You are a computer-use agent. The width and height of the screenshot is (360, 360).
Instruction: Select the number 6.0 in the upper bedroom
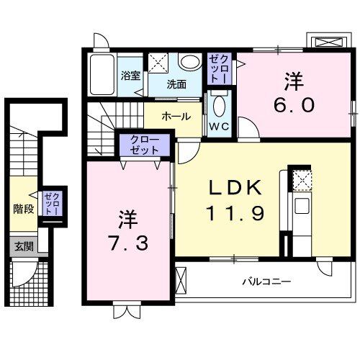pos(293,105)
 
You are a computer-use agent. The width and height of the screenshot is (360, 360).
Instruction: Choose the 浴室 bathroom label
pos(130,75)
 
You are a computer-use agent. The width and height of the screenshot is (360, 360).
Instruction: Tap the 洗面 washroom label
pos(176,84)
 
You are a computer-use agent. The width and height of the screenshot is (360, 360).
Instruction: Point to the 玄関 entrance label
pos(22,246)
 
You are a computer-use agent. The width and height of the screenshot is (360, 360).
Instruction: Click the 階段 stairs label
pos(23,210)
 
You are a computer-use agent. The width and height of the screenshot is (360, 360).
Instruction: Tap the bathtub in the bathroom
pos(103,74)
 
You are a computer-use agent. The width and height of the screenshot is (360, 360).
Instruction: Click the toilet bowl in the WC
pos(219,106)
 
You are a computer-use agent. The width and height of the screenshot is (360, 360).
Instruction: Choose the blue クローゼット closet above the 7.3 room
pos(145,145)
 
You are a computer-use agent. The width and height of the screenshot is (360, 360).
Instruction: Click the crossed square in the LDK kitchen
pos(302,179)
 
